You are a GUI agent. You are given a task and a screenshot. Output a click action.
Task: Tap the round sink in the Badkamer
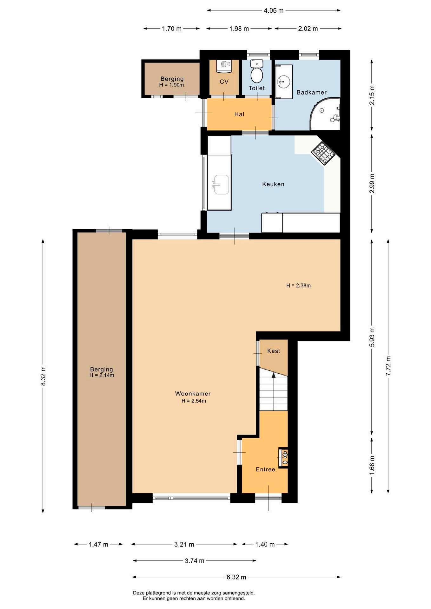[x=283, y=82]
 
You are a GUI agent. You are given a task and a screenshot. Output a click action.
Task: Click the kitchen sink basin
[x=221, y=184]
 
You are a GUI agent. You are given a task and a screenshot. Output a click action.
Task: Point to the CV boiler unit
[x=224, y=66]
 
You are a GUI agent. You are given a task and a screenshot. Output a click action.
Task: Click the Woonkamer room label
[x=193, y=394]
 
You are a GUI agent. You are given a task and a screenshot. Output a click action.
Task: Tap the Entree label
[x=265, y=469]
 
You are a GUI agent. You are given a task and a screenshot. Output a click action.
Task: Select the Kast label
[x=274, y=351]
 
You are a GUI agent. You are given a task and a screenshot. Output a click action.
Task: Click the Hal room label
[x=239, y=114]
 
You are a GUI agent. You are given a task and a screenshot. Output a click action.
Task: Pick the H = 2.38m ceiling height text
[x=298, y=285]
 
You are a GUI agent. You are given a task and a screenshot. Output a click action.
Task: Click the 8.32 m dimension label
[x=43, y=376]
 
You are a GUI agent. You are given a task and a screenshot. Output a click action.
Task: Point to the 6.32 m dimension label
[x=236, y=577]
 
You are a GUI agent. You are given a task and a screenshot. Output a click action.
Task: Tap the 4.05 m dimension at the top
[x=274, y=10]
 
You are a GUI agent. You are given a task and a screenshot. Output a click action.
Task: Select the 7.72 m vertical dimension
[x=388, y=366]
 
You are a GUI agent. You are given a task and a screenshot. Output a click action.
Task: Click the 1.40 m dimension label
[x=265, y=544]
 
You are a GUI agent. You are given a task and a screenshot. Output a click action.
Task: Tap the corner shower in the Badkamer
[x=325, y=114]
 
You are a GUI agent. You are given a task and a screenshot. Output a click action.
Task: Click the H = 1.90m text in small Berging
[x=171, y=85]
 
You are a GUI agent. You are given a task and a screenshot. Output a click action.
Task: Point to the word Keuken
[x=273, y=184]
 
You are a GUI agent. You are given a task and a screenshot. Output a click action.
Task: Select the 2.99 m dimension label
[x=372, y=183]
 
